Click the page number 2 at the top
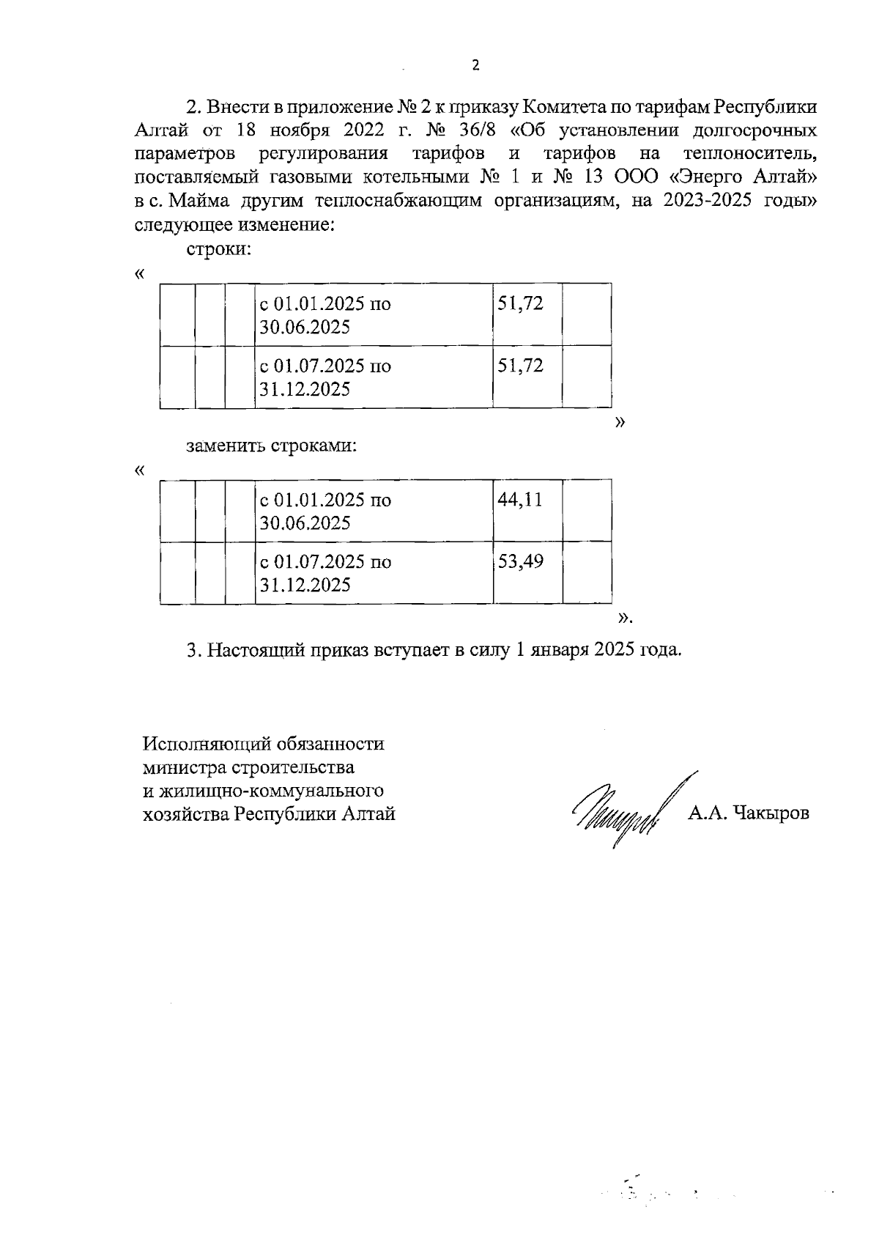(475, 65)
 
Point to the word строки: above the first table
(219, 248)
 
